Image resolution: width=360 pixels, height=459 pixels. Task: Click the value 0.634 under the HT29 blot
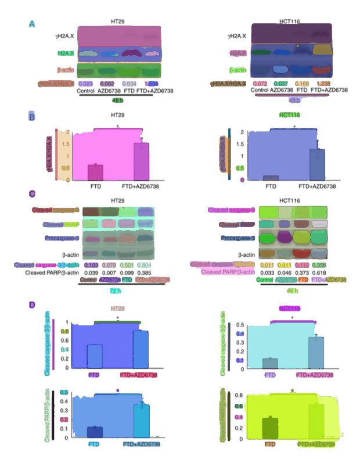(128, 84)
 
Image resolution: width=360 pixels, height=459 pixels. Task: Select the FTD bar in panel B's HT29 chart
(95, 173)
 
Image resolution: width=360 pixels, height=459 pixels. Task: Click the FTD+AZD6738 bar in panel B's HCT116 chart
(316, 164)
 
